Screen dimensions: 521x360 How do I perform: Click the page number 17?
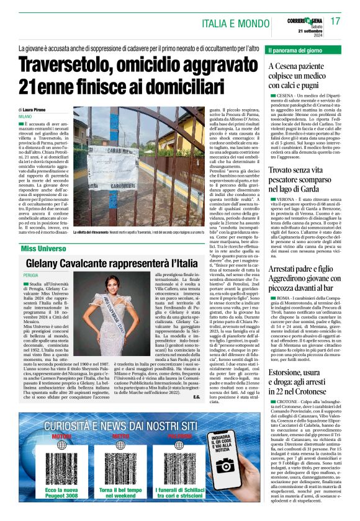(x=335, y=22)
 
